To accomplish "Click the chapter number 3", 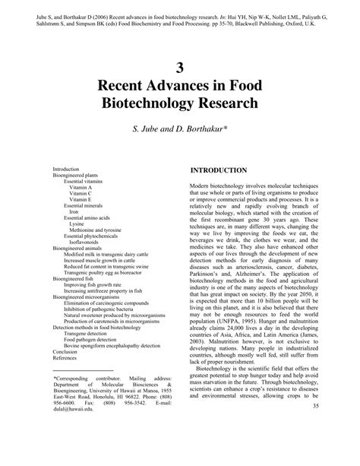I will point(179,66).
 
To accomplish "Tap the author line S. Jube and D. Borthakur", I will point(180,129).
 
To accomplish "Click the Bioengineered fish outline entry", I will point(73,279).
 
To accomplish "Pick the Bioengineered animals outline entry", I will point(77,249).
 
